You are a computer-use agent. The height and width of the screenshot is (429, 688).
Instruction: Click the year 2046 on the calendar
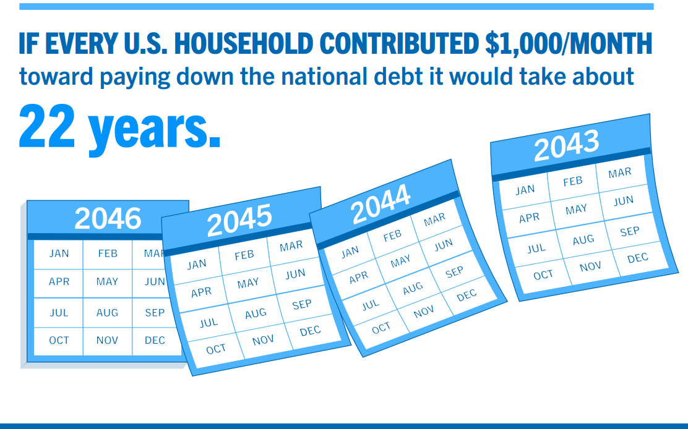click(108, 218)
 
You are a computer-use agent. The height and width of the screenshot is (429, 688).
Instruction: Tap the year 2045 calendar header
click(239, 220)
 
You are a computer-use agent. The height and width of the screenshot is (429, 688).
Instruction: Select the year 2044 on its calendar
click(381, 204)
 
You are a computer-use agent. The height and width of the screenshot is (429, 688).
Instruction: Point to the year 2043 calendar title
click(567, 146)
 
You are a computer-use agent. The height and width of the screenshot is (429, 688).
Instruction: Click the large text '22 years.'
click(119, 127)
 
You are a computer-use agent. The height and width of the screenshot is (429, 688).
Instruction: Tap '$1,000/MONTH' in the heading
click(569, 43)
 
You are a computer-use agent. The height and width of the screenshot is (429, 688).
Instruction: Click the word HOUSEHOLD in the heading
click(244, 43)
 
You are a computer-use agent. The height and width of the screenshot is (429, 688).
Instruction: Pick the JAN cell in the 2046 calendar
click(59, 253)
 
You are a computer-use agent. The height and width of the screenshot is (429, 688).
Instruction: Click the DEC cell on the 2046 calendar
click(155, 341)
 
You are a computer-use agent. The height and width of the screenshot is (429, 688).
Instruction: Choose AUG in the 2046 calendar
click(107, 313)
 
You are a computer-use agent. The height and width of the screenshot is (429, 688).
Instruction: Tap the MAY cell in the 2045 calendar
click(248, 284)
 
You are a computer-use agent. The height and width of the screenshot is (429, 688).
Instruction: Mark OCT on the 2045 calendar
click(216, 349)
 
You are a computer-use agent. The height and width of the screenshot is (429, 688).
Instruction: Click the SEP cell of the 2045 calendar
click(302, 305)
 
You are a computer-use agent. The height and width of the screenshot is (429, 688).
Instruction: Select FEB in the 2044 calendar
click(392, 236)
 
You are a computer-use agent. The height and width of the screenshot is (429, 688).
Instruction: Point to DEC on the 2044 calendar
click(467, 295)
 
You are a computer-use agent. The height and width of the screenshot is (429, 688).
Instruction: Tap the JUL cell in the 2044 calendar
click(371, 305)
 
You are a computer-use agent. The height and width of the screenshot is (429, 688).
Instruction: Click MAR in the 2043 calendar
click(619, 173)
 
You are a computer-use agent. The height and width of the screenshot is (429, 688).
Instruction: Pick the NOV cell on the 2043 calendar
click(590, 266)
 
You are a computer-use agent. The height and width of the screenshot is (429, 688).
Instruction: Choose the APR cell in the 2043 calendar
click(529, 218)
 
